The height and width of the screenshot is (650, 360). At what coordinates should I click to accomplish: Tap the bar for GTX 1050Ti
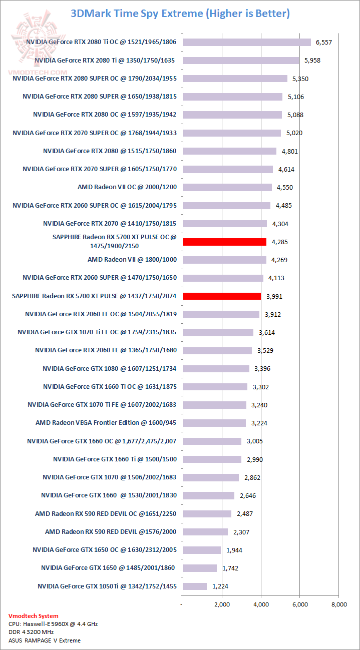[x=195, y=586]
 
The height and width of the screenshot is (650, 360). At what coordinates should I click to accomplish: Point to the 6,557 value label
[x=323, y=42]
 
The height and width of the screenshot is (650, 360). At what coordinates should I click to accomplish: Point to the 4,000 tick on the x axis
[x=260, y=604]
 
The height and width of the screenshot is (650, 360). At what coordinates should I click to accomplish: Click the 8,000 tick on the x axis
[x=338, y=604]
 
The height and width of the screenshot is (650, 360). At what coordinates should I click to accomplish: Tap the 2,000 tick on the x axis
[x=222, y=604]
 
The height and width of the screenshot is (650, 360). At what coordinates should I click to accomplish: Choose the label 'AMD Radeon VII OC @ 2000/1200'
[x=127, y=187]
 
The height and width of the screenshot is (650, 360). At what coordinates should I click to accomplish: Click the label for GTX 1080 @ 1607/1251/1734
[x=110, y=368]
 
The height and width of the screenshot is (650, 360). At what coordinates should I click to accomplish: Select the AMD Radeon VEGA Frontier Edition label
[x=106, y=423]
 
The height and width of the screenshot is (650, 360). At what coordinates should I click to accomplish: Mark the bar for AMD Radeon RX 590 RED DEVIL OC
[x=207, y=513]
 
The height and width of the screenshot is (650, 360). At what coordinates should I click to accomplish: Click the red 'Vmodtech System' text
[x=34, y=616]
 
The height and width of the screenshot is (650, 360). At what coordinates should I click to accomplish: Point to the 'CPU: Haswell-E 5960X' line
[x=46, y=624]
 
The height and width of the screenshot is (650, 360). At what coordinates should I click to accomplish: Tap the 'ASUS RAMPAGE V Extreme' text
[x=45, y=640]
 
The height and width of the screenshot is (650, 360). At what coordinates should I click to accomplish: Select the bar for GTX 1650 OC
[x=202, y=549]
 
